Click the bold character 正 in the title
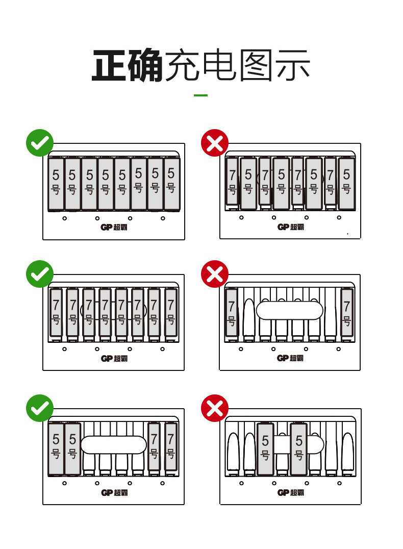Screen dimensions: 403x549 click(110, 66)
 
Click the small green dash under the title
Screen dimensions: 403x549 click(201, 95)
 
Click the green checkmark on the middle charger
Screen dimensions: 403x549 click(40, 274)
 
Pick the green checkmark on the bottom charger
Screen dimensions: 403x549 click(40, 408)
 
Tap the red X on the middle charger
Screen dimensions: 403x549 click(215, 274)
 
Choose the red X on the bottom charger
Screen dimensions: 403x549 click(215, 408)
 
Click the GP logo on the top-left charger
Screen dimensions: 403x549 click(113, 227)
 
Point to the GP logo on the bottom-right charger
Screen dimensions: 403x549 click(290, 492)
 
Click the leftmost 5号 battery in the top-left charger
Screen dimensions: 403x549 click(56, 183)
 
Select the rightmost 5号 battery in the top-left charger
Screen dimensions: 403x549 click(171, 182)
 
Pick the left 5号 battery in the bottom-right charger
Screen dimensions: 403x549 click(265, 448)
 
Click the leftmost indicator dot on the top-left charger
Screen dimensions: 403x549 click(65, 218)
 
